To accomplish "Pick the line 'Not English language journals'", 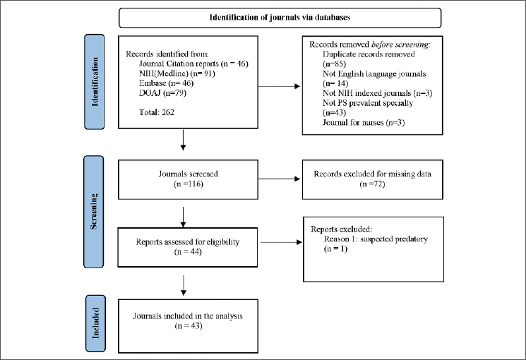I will (374, 73).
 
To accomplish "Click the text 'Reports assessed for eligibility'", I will (186, 241).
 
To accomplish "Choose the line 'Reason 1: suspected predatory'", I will (371, 239).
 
